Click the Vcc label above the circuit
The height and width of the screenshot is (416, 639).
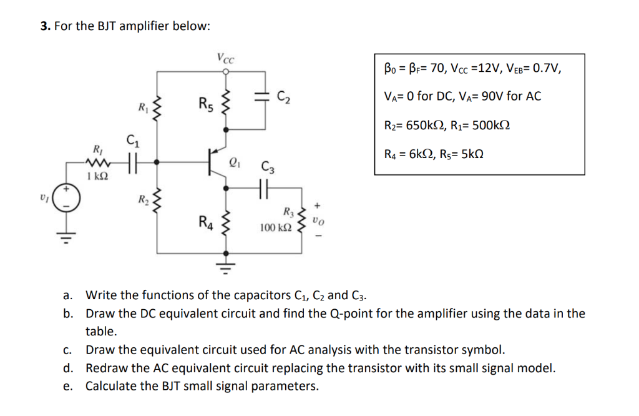pyautogui.click(x=225, y=60)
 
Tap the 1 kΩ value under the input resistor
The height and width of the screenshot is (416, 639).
pyautogui.click(x=97, y=177)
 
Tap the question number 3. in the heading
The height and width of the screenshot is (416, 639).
pyautogui.click(x=46, y=26)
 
